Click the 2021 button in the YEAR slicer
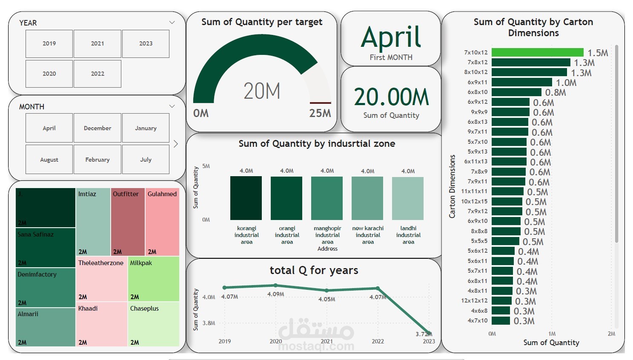click(x=97, y=44)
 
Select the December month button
click(x=97, y=128)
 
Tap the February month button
click(x=97, y=160)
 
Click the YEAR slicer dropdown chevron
click(x=172, y=23)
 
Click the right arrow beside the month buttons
click(x=176, y=144)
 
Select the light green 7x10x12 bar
click(x=537, y=52)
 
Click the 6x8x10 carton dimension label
click(x=478, y=92)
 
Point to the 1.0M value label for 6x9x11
click(x=566, y=83)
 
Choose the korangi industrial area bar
click(x=246, y=198)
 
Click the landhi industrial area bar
click(x=408, y=198)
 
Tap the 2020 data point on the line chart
click(x=276, y=286)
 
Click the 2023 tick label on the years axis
click(x=429, y=341)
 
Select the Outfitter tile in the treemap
click(x=128, y=221)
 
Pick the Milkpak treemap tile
click(x=154, y=279)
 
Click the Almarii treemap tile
click(x=46, y=327)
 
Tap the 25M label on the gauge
click(x=320, y=113)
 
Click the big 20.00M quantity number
click(x=391, y=97)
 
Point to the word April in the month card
click(x=391, y=37)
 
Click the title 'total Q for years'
click(x=314, y=270)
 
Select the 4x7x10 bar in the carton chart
click(x=501, y=320)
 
